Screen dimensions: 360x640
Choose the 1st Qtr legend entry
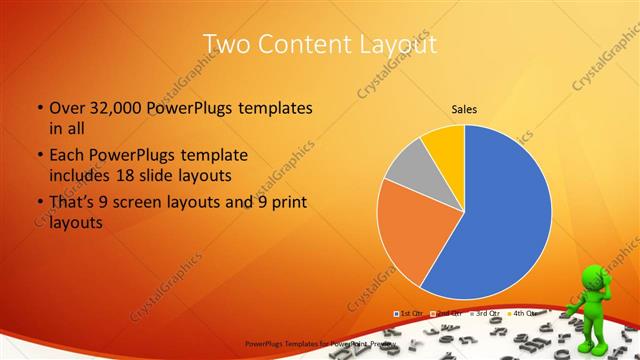410,313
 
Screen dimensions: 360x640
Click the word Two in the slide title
226,44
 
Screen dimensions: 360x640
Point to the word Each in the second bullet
66,156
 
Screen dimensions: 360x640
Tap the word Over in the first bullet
67,108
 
